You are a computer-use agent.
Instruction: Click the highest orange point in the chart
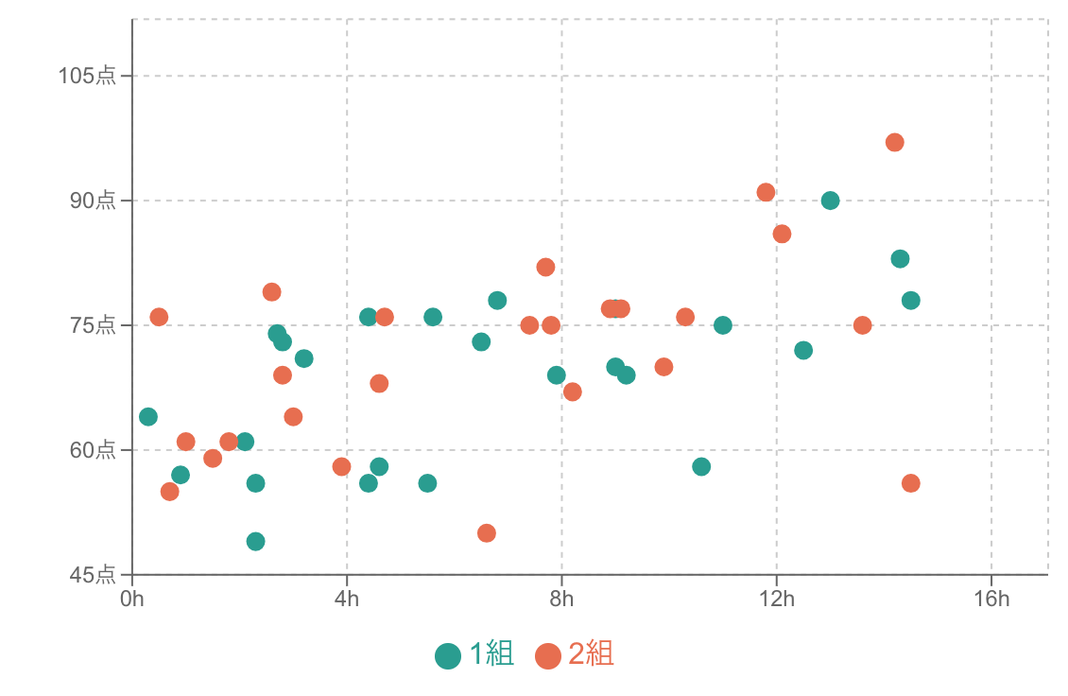[x=895, y=143]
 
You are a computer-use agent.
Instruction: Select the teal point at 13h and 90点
[x=830, y=200]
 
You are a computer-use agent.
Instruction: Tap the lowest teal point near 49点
[x=255, y=542]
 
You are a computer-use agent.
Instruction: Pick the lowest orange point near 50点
[x=487, y=533]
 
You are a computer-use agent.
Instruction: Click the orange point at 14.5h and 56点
[x=910, y=483]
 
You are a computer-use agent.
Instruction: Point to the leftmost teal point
[x=148, y=417]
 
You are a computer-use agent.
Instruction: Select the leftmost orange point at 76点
[x=159, y=317]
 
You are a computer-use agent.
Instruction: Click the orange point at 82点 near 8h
[x=545, y=268]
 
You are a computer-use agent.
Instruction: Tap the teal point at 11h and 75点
[x=723, y=325]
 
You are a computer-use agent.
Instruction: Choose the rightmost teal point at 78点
[x=910, y=301]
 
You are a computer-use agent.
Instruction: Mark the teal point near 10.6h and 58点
[x=701, y=467]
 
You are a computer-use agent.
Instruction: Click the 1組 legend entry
[x=474, y=654]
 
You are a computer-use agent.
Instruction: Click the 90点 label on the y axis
[x=93, y=200]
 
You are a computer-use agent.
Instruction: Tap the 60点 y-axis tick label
[x=93, y=450]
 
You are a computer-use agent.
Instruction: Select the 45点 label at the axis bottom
[x=93, y=575]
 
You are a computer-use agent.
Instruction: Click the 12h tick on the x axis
[x=777, y=599]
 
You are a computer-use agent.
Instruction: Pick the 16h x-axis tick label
[x=991, y=599]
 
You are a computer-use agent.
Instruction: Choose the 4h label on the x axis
[x=347, y=599]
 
